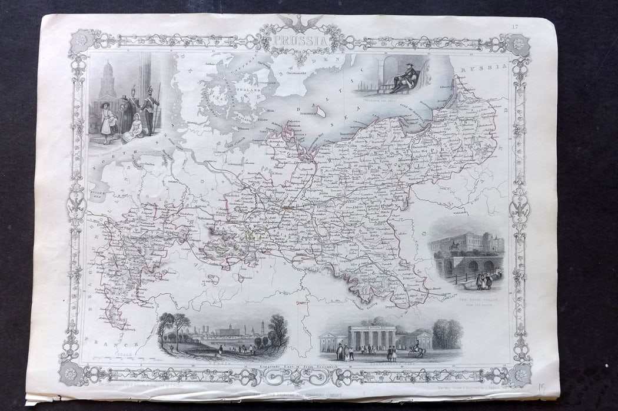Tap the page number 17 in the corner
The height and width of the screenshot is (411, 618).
[x=515, y=26]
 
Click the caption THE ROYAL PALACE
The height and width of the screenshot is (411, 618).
[x=475, y=300]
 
